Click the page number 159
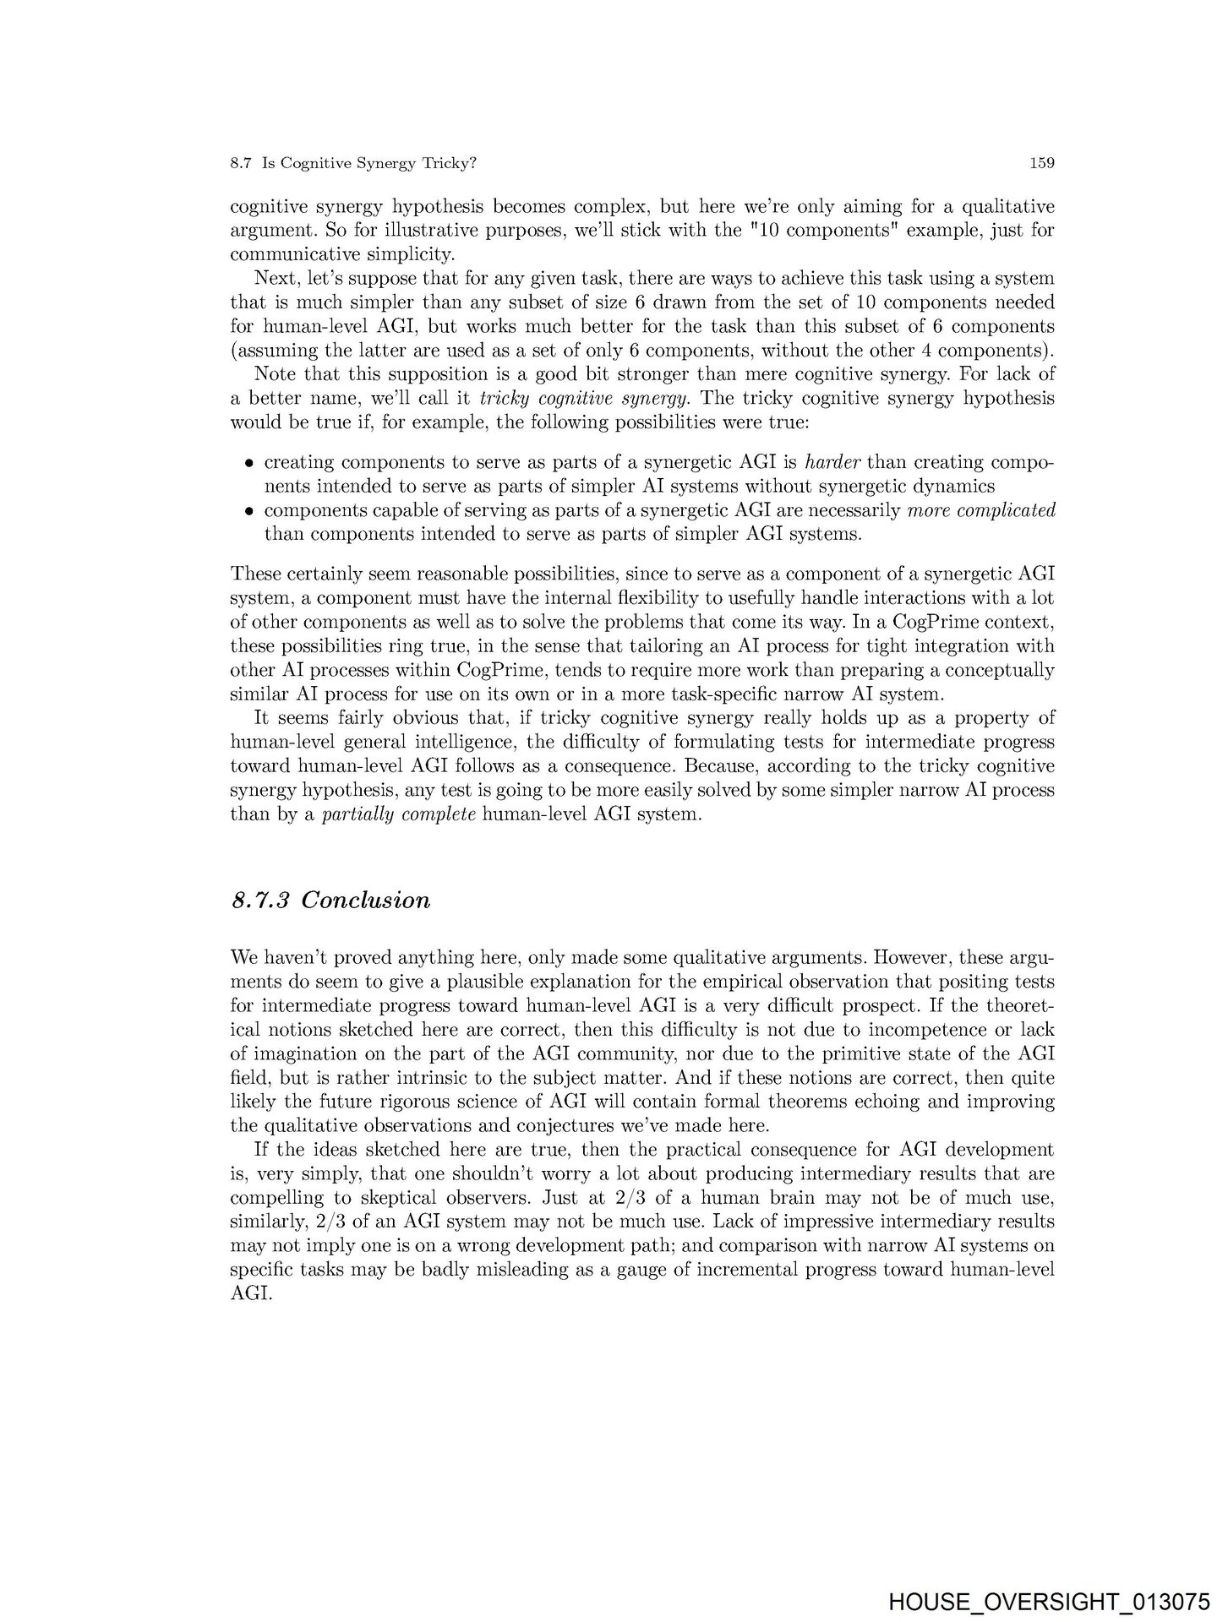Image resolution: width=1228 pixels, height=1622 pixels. coord(1041,163)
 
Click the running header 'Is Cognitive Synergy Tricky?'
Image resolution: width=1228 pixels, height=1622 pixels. coord(369,164)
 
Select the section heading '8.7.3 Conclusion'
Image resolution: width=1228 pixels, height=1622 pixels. coord(330,900)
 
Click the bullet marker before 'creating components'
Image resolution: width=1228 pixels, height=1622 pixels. coord(249,464)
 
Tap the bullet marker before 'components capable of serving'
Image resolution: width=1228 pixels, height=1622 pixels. coord(249,511)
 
